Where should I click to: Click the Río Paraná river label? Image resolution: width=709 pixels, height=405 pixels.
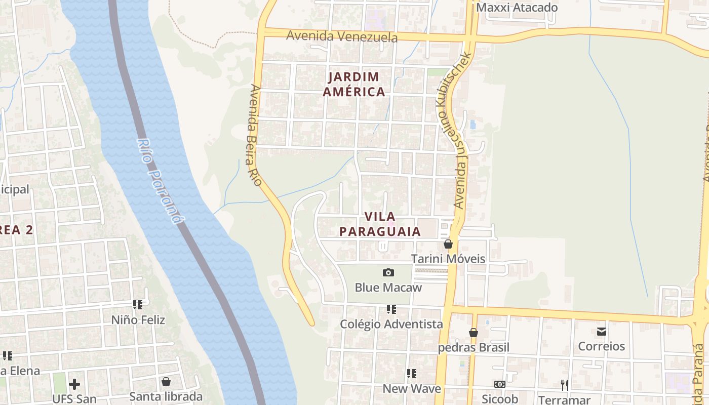(159, 181)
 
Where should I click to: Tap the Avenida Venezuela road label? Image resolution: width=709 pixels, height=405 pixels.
(342, 36)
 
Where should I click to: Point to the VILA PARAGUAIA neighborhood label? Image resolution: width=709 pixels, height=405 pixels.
(380, 224)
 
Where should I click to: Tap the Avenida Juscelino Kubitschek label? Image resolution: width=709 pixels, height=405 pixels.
(461, 130)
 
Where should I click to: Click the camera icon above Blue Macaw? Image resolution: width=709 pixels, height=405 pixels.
(388, 273)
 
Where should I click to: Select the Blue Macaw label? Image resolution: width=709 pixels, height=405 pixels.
(388, 288)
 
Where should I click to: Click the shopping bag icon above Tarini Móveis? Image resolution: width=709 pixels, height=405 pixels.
(448, 244)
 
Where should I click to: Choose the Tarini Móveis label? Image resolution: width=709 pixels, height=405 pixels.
(448, 259)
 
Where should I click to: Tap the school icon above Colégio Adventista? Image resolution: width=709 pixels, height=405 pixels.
(391, 309)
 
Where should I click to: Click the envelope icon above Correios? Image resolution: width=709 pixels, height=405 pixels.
(602, 332)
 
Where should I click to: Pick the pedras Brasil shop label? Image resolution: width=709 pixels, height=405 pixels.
(474, 347)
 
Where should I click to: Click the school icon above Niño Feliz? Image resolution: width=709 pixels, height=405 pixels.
(138, 305)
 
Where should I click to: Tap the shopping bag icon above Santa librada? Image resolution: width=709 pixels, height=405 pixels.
(166, 382)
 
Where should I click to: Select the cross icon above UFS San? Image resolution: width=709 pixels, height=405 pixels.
(74, 384)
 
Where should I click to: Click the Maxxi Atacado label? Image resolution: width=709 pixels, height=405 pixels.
(517, 8)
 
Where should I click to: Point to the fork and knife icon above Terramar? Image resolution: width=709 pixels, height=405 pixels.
(564, 385)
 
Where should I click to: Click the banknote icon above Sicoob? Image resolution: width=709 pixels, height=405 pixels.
(500, 384)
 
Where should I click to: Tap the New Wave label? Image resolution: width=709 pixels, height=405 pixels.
(412, 389)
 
